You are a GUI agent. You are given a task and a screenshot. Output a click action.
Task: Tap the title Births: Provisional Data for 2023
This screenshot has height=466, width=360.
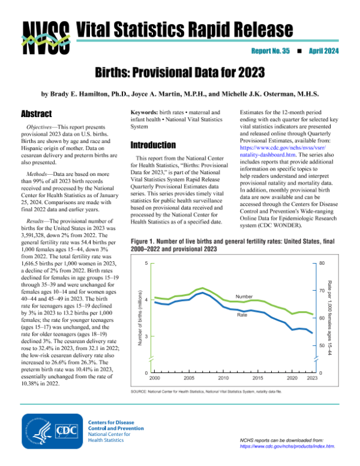(180, 74)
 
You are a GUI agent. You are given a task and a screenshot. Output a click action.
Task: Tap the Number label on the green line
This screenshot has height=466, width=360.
(244, 297)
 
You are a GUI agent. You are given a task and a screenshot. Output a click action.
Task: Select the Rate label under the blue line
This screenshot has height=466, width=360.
(242, 315)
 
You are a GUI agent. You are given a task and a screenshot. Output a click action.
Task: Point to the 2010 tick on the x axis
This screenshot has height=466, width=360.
(224, 380)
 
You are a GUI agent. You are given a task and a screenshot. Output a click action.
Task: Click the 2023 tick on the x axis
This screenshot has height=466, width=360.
(313, 380)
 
